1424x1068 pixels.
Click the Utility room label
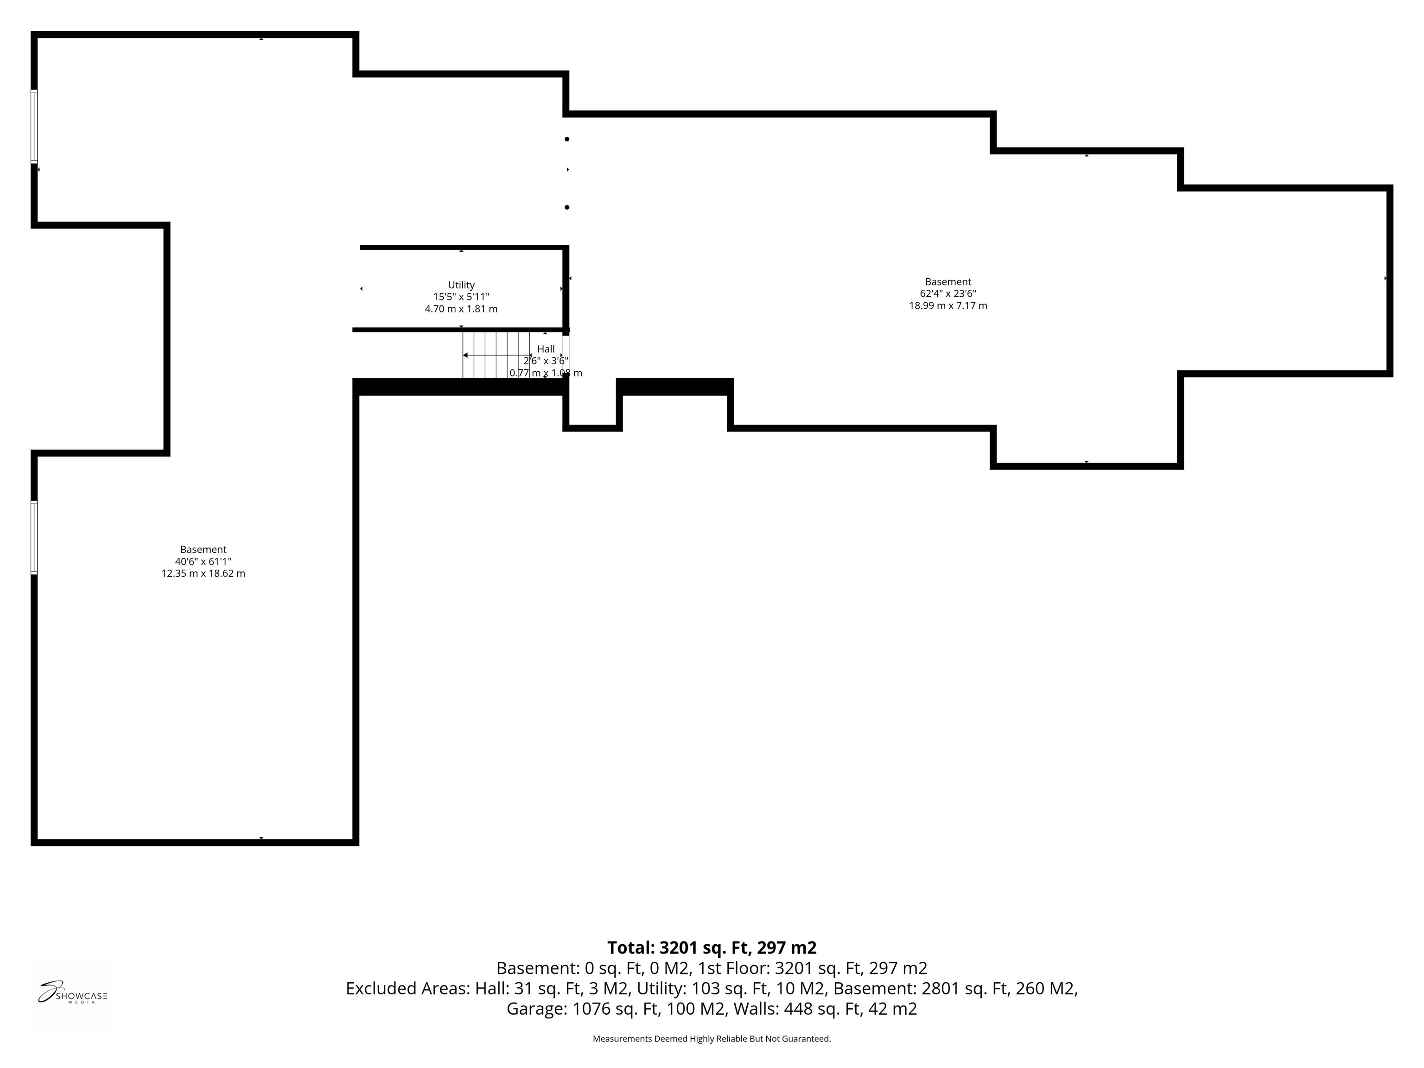pyautogui.click(x=461, y=285)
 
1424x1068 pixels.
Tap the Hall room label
pyautogui.click(x=546, y=349)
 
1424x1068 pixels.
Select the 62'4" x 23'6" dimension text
pyautogui.click(x=947, y=293)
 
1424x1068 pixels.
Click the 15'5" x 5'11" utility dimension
pyautogui.click(x=461, y=297)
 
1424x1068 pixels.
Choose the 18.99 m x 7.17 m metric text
pyautogui.click(x=947, y=306)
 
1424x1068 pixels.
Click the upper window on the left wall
pyautogui.click(x=34, y=126)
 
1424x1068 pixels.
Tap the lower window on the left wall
pyautogui.click(x=34, y=537)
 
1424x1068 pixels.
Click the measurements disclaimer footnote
pyautogui.click(x=712, y=1038)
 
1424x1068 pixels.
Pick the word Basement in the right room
pyautogui.click(x=947, y=281)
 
